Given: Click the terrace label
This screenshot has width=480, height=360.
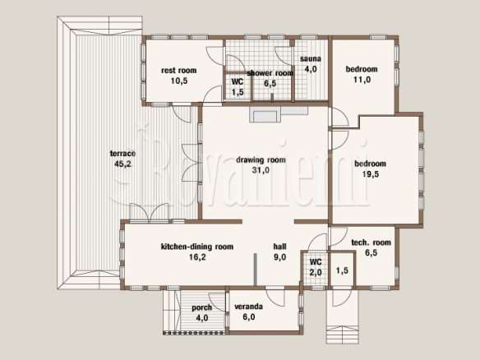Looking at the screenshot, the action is click(x=122, y=154).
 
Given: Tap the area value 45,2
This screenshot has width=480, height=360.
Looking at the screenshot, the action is click(x=122, y=164).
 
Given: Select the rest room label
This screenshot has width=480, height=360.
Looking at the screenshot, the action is click(x=179, y=71).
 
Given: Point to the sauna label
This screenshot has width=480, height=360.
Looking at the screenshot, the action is click(x=311, y=59).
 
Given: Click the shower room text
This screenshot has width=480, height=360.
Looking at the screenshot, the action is click(x=270, y=73).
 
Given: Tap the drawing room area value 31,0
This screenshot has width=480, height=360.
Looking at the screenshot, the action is click(x=261, y=170).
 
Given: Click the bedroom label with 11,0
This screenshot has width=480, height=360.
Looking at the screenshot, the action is click(x=362, y=69).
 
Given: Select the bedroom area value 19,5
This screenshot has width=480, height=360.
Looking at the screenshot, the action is click(x=371, y=174).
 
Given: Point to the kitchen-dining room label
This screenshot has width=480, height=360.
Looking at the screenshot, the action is click(x=197, y=247).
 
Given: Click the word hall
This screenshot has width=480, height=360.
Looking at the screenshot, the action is click(x=279, y=247).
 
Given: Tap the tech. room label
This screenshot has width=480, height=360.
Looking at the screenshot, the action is click(x=371, y=242).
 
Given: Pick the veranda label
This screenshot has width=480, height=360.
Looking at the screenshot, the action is click(x=248, y=307).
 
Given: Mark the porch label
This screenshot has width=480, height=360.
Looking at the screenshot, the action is click(x=201, y=307).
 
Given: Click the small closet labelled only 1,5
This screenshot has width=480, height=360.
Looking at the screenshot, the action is click(x=342, y=270).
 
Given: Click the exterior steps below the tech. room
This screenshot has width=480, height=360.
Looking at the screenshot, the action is click(x=342, y=335).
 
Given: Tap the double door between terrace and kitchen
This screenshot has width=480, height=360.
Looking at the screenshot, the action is click(x=149, y=213).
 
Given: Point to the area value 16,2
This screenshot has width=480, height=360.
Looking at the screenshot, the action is click(x=197, y=257).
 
